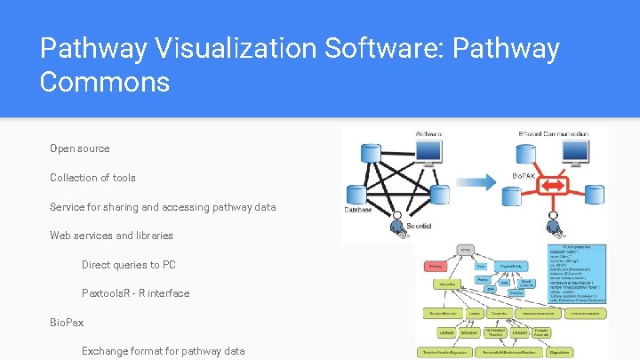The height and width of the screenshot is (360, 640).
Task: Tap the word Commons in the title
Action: click(x=105, y=83)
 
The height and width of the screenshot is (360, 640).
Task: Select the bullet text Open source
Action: click(x=80, y=148)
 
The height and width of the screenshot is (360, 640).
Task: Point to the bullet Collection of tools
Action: click(x=92, y=178)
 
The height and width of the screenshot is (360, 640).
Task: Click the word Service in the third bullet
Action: click(x=68, y=207)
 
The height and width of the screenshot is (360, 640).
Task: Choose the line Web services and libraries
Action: click(x=111, y=236)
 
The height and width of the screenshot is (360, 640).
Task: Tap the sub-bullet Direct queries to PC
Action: click(x=129, y=265)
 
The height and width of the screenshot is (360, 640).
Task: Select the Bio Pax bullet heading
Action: click(x=67, y=323)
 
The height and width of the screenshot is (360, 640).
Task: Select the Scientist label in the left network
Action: click(x=419, y=227)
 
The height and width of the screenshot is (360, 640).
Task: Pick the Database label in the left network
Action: click(x=358, y=211)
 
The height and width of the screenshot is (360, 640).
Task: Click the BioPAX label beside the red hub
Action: click(x=523, y=176)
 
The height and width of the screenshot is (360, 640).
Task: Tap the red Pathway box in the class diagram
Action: click(x=436, y=266)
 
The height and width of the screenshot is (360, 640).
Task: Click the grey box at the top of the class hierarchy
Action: click(x=466, y=250)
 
